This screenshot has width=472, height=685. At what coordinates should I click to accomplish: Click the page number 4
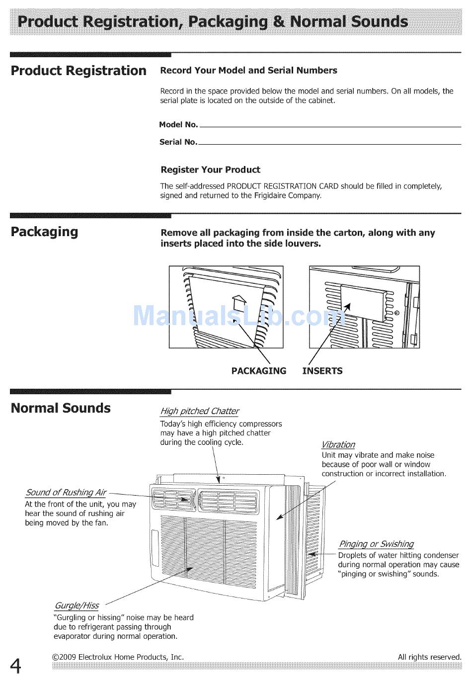click(x=16, y=665)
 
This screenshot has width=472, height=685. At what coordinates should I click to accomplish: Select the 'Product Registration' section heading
click(x=79, y=71)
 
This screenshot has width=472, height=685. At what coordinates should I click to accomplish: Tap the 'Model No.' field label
click(x=178, y=125)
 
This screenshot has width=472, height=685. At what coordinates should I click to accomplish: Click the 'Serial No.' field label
click(x=178, y=142)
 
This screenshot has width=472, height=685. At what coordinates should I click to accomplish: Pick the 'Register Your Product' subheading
click(x=210, y=170)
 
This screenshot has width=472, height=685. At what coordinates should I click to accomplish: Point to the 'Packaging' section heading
click(x=44, y=232)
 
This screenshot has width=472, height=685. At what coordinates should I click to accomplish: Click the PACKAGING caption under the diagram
click(x=259, y=371)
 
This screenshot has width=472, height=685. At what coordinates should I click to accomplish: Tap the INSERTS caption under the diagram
click(x=322, y=371)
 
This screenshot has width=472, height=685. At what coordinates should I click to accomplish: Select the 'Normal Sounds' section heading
click(x=61, y=408)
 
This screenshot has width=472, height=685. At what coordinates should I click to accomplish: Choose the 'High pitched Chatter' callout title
click(x=199, y=411)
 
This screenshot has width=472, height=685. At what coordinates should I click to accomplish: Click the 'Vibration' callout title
click(x=338, y=444)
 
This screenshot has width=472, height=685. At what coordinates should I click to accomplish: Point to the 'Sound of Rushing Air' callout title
click(x=66, y=493)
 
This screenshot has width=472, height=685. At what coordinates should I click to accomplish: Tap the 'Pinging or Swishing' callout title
click(x=376, y=544)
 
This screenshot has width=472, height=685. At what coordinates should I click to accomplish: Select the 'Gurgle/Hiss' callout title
click(x=76, y=605)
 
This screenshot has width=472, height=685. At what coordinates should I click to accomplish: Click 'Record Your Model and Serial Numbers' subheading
click(x=248, y=71)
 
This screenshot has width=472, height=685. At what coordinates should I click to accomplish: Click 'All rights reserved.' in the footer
click(x=429, y=657)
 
